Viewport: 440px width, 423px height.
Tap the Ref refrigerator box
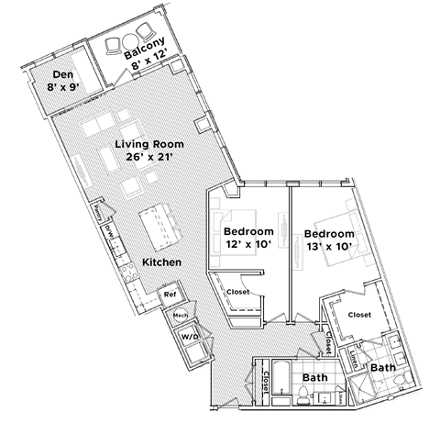pos(170,295)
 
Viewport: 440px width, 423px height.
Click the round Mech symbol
pos(181,315)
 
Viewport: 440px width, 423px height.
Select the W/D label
pos(190,337)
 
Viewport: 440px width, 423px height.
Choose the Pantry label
pos(95,212)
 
